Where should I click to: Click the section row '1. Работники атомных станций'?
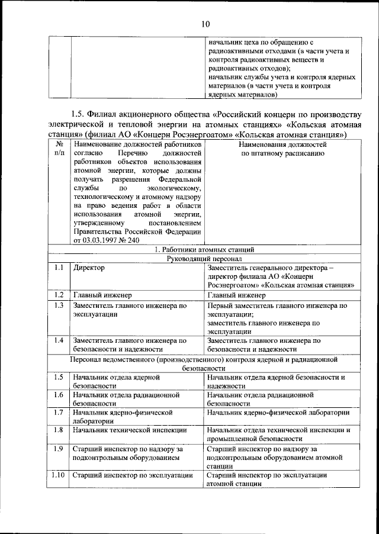pos(204,250)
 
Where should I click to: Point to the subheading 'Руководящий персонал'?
pos(204,259)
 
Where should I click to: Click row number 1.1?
pos(59,268)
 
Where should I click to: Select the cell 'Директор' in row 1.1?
pos(89,268)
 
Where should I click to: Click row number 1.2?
pos(59,295)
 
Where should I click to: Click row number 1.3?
pos(59,305)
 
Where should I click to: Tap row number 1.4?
pos(59,340)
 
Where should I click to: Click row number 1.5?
pos(59,377)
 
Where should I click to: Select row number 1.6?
pos(59,394)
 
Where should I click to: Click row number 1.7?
pos(59,412)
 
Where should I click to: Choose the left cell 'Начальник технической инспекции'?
pos(130,430)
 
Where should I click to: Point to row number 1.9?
pos(59,449)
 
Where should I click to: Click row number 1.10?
pos(59,475)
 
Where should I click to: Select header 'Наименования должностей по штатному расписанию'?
pos(282,148)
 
